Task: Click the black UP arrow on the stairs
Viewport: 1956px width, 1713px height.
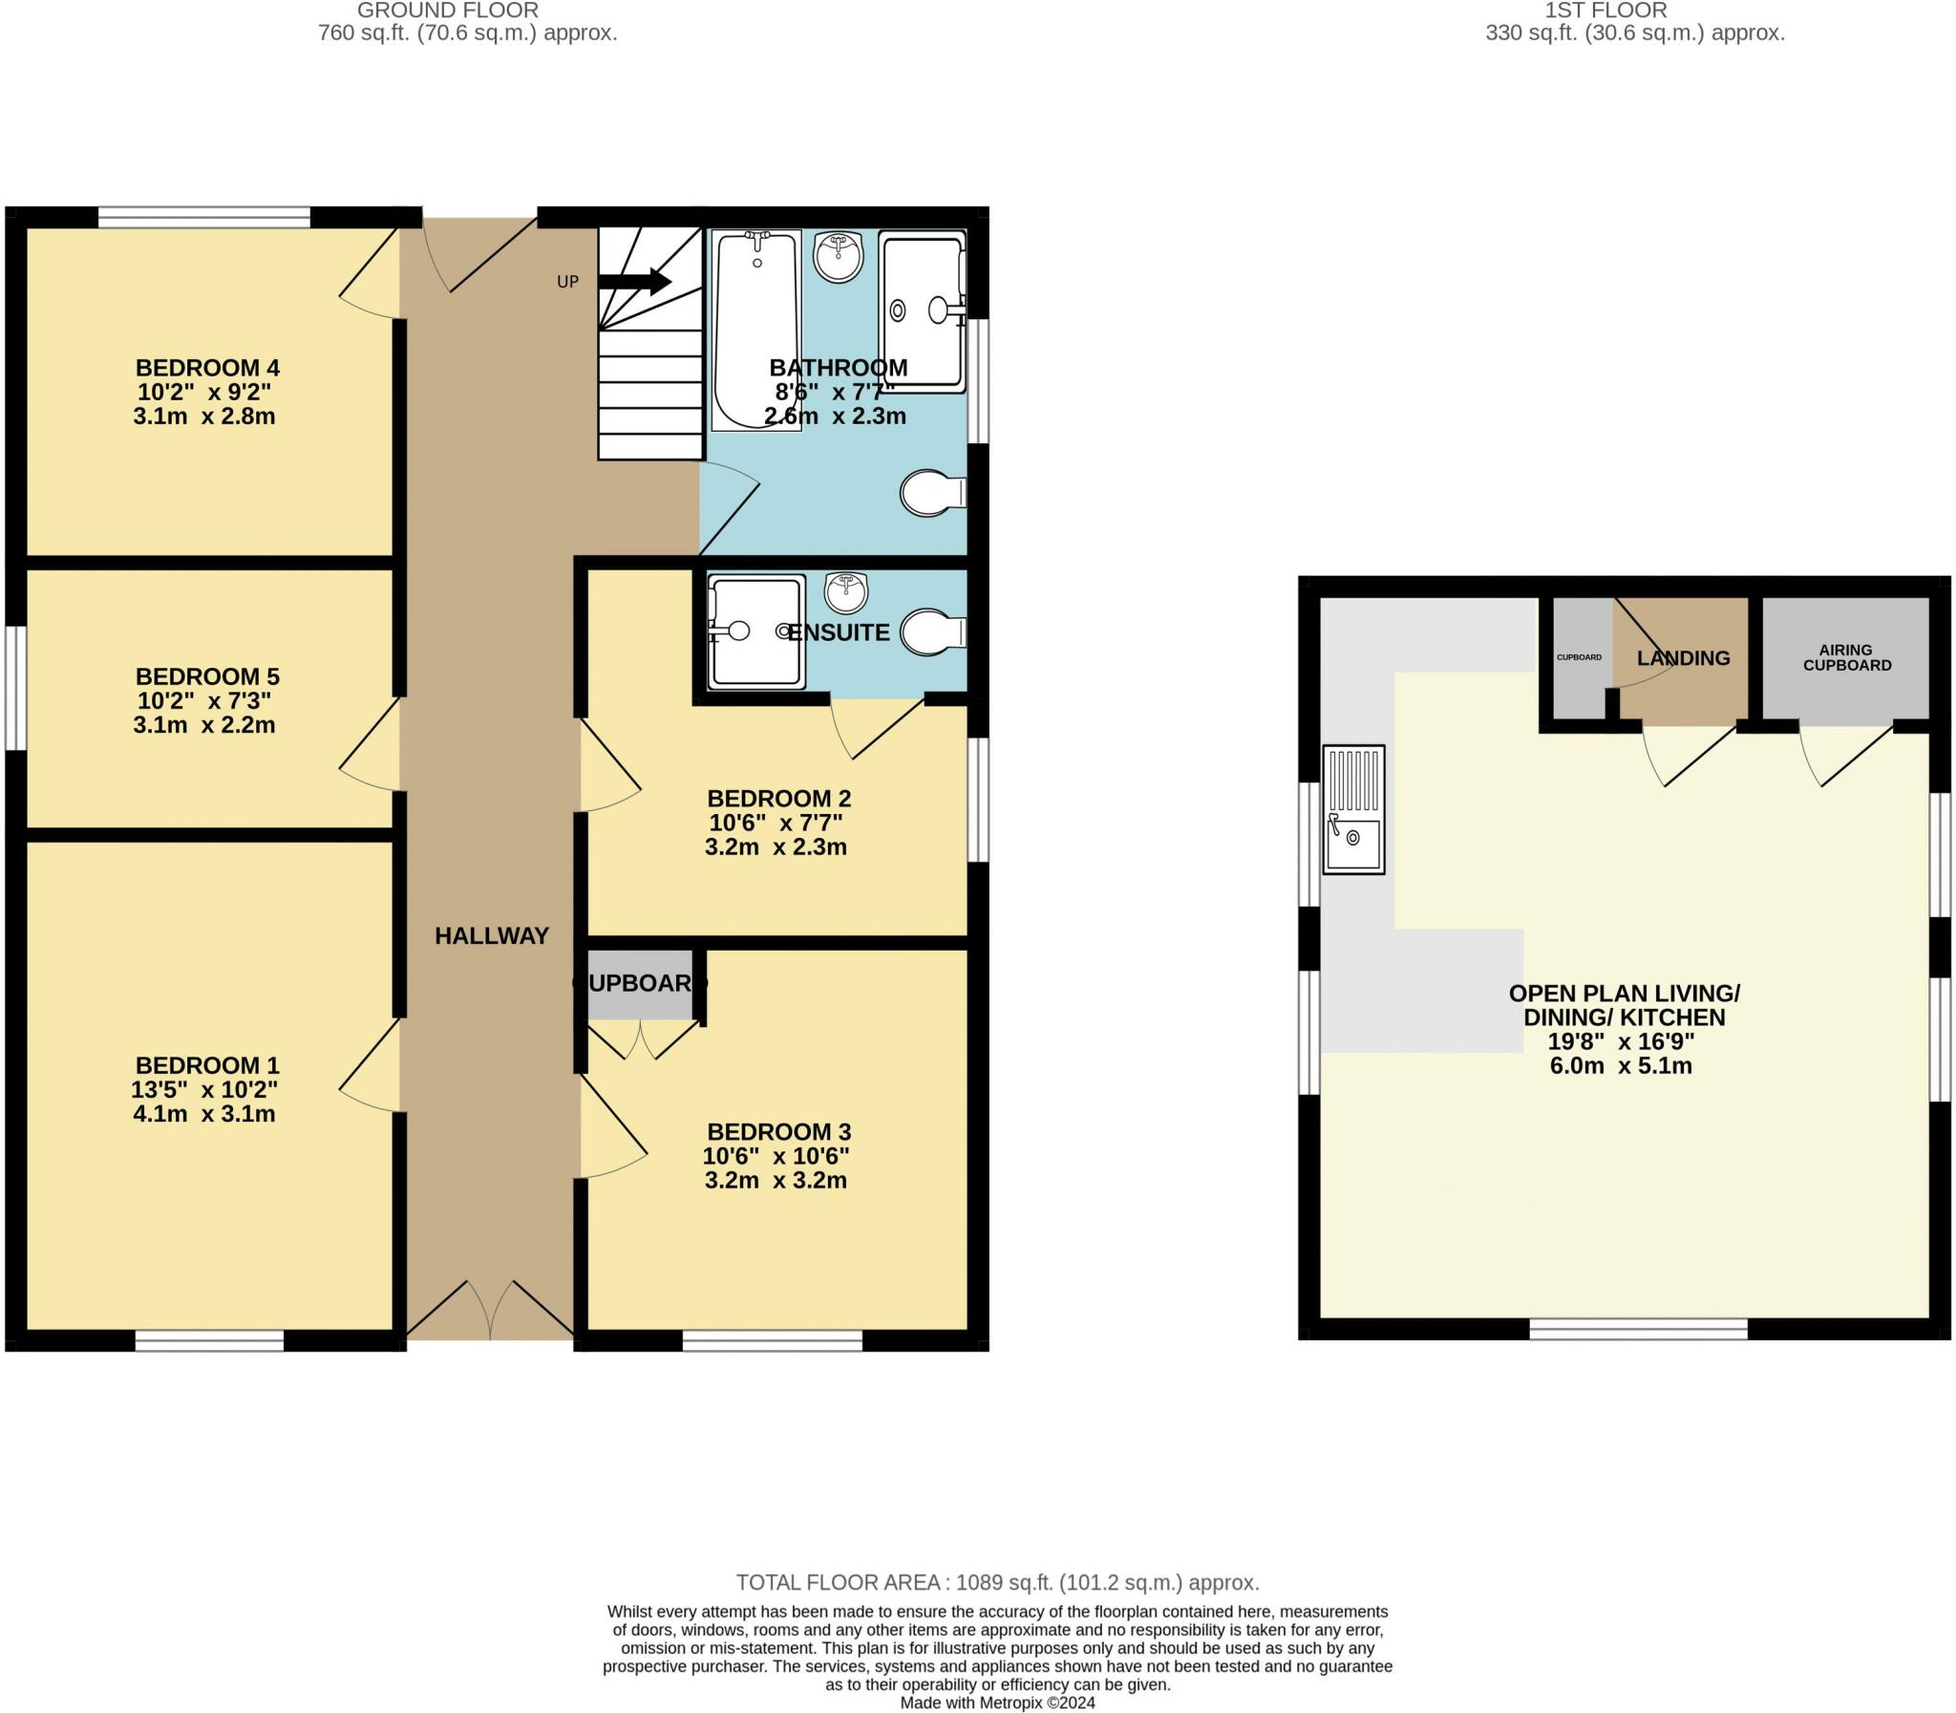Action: (x=634, y=281)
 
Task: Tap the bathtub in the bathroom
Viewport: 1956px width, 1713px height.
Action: (x=756, y=330)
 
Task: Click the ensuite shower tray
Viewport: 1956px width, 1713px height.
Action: (x=755, y=632)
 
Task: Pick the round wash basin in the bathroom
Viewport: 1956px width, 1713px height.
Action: (x=839, y=256)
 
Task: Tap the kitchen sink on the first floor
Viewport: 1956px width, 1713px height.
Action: (x=1353, y=809)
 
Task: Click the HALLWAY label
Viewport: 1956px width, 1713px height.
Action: (x=492, y=936)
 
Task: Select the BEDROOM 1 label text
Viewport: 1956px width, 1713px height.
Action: (x=207, y=1065)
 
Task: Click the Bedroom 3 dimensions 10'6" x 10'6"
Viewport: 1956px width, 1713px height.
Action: (x=776, y=1156)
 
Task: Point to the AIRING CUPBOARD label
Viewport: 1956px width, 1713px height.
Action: (x=1846, y=657)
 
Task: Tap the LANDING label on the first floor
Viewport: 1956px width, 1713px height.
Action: (x=1684, y=658)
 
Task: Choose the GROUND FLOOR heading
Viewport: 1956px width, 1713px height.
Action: (x=448, y=11)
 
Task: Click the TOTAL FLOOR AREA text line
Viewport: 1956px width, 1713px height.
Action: (x=998, y=1582)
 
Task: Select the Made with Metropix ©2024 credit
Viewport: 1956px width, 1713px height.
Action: (x=998, y=1702)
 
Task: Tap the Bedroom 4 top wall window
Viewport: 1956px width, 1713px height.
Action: (x=204, y=217)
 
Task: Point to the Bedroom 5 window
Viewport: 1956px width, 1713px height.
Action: (x=15, y=688)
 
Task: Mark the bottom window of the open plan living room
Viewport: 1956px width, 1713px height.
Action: (x=1639, y=1329)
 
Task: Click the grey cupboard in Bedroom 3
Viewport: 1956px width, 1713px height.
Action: (x=639, y=985)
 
